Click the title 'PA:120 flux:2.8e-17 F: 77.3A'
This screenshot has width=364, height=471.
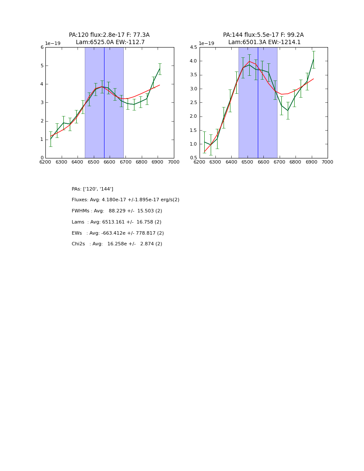coord(109,35)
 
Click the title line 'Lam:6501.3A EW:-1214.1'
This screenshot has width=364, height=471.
coord(264,42)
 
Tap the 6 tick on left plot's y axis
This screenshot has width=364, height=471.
coord(42,48)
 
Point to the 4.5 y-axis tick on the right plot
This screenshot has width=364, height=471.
coord(194,48)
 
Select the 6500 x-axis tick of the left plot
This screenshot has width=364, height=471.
coord(93,162)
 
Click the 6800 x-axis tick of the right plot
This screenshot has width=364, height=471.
coord(295,162)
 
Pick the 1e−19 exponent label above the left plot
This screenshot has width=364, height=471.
coord(53,43)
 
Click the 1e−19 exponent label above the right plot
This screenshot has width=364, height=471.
coord(206,43)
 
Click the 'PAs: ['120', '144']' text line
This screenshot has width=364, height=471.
coord(92,189)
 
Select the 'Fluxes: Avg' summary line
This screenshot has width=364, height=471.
coord(125,200)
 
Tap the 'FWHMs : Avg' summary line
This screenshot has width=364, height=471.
coord(117,211)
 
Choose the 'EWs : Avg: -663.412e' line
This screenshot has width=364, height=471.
coord(118,233)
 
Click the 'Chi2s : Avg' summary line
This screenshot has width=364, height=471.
coord(117,244)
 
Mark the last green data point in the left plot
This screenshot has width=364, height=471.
coord(160,69)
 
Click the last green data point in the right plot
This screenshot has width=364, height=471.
coord(313,60)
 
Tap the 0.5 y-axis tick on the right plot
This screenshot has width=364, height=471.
coord(194,158)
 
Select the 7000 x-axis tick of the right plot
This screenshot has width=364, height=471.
coord(328,162)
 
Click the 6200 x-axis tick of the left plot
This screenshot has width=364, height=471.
coord(45,162)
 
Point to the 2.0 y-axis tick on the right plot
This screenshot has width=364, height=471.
coord(194,116)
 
